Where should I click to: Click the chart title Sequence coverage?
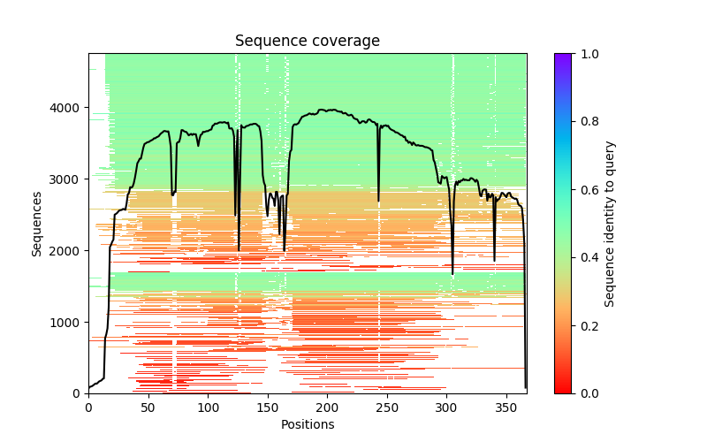pos(307,42)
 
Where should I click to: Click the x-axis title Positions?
pos(307,424)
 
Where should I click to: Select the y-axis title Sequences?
pos(37,223)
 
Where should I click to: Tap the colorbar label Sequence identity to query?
pos(610,223)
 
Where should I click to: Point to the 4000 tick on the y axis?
pos(68,108)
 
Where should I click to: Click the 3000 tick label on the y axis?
pos(68,179)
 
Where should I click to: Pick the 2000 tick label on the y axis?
pos(68,251)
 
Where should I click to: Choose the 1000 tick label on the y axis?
pos(68,322)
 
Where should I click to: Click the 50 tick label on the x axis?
pos(148,408)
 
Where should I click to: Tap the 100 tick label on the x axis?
pos(208,408)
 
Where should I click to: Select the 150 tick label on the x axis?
pos(268,408)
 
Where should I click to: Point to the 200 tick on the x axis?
pos(327,408)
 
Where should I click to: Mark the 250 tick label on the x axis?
pos(387,408)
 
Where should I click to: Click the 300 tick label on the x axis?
pos(447,408)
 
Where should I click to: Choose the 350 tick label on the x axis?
pos(506,408)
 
